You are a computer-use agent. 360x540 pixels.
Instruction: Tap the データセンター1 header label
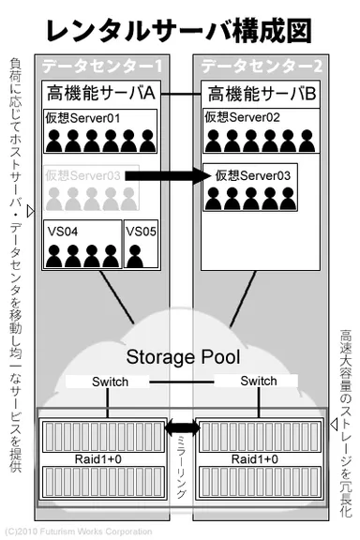(x=102, y=68)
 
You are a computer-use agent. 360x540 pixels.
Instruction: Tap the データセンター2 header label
(x=255, y=68)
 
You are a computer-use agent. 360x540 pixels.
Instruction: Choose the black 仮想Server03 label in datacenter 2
(x=253, y=175)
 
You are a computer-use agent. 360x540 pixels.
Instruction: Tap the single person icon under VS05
(x=138, y=255)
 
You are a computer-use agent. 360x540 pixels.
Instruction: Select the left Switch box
(x=109, y=382)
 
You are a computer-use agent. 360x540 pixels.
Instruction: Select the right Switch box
(x=258, y=382)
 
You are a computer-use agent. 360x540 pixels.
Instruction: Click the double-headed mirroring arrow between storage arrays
(x=179, y=428)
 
